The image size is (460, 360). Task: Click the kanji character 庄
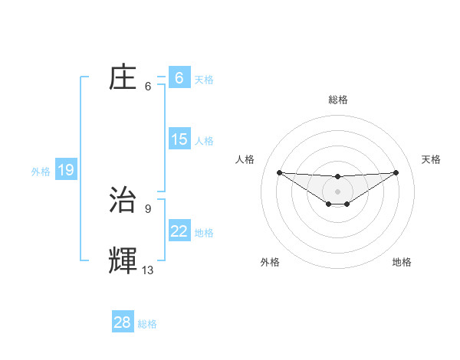click(123, 78)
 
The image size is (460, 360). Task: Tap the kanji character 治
click(123, 200)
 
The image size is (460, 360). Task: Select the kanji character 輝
click(123, 261)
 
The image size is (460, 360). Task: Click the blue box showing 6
click(179, 78)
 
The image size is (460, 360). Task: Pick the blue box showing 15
click(179, 139)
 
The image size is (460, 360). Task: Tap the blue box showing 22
click(179, 231)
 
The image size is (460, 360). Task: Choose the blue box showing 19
click(66, 170)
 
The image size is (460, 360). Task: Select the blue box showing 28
click(123, 322)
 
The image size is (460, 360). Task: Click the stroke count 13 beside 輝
click(148, 270)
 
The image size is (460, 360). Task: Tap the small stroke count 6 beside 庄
click(147, 86)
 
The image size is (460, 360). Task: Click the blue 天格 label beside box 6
click(204, 79)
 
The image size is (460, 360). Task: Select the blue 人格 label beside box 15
click(204, 140)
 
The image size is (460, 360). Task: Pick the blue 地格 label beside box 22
click(204, 232)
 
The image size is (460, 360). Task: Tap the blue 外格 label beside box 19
click(41, 172)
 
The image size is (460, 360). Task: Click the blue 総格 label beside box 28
click(148, 324)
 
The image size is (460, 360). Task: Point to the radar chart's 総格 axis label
click(337, 100)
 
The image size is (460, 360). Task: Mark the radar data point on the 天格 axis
click(396, 172)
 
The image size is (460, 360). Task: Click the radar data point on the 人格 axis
click(279, 172)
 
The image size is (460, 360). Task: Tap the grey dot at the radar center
click(337, 191)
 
